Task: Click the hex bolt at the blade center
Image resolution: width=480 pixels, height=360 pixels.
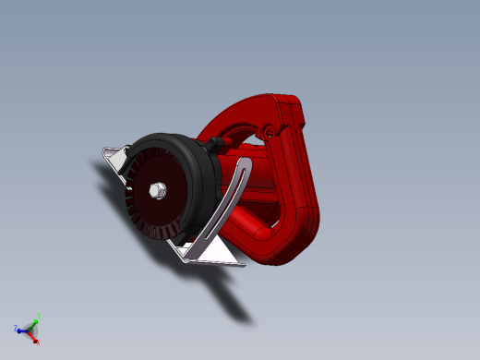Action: click(x=155, y=191)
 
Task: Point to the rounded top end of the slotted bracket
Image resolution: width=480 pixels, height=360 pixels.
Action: click(x=246, y=163)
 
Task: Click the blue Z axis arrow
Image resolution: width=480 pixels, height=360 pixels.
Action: click(x=23, y=328)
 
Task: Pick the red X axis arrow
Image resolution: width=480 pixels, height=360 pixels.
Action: click(x=34, y=337)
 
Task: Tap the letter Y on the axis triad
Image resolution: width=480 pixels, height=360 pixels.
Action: click(x=38, y=315)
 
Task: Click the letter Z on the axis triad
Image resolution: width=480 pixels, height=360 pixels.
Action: click(x=16, y=328)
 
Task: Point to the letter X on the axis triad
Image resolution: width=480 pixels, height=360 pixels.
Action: click(x=37, y=342)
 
